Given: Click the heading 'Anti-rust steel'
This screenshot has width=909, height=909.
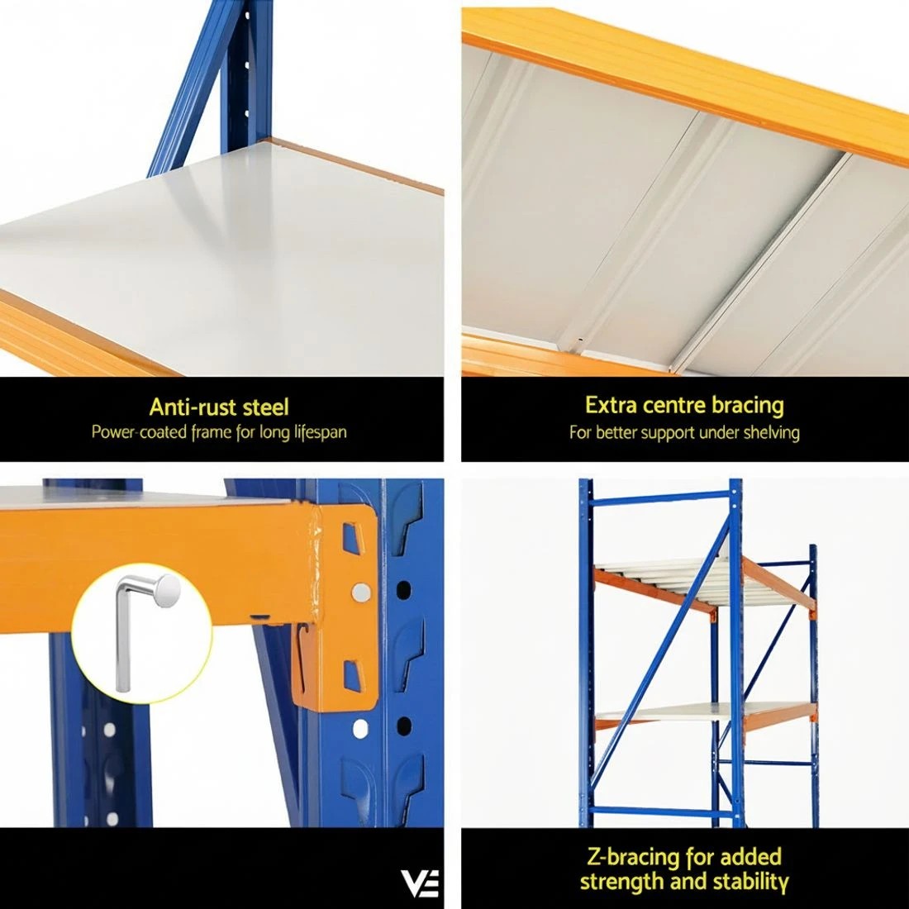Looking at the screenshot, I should coord(219,407).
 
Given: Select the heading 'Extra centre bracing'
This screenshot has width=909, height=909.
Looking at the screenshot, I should coord(684,405).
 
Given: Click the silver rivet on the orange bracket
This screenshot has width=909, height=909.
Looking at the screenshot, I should coord(361,592).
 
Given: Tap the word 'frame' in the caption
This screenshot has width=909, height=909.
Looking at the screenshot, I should coord(212,431).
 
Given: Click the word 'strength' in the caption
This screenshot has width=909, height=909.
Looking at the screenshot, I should coord(621,881).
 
